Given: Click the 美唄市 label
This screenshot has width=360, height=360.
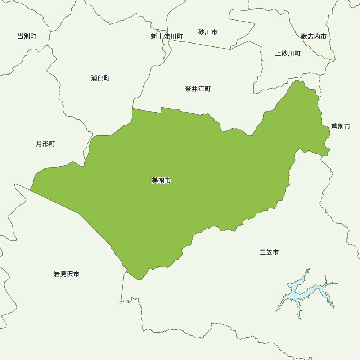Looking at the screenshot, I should coord(161,180).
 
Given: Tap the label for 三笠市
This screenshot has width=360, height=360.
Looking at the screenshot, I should coord(269,252).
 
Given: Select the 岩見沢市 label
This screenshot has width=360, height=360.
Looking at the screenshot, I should coord(67,274).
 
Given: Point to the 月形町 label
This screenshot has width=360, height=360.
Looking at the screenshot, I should coord(46,144).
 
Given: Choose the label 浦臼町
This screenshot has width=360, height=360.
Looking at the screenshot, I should coord(101,78).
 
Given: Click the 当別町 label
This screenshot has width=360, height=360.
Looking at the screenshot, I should coord(27,36).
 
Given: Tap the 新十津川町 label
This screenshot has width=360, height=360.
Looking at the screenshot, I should coord(167,37).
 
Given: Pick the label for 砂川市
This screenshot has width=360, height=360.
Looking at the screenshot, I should coord(208,32).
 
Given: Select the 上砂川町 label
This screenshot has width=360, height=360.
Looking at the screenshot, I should coord(288,54).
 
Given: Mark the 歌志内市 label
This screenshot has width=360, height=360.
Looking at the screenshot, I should coord(314,36).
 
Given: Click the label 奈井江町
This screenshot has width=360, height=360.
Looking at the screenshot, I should coord(198,89).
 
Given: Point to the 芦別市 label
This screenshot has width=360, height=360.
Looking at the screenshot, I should coord(341,127).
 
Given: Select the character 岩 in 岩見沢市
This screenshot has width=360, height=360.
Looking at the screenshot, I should coord(57,274).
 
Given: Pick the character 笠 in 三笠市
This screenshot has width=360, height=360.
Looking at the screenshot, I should coord(269,252).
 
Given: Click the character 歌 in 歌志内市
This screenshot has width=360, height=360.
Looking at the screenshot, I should coord(305,36).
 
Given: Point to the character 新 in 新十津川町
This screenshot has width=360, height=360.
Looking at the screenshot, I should coord(154,37).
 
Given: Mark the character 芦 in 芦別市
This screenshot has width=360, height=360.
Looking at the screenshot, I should coord(334,127).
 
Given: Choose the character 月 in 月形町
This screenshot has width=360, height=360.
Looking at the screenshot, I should coord(39,144).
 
